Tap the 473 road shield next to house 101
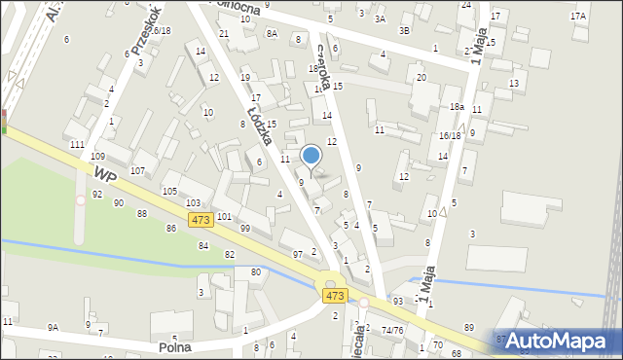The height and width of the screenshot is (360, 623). coord(201,220)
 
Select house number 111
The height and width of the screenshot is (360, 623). coord(78,144)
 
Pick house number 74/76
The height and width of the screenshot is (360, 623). coord(392,330)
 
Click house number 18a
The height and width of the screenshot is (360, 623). coord(456,107)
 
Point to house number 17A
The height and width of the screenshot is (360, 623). coord(578,16)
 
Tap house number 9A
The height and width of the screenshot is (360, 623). coord(54,327)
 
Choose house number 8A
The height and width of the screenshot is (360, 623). coord(272,34)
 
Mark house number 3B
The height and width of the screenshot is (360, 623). coord(404,31)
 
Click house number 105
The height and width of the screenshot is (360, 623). coord(168,191)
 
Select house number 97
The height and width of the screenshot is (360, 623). coord(298,254)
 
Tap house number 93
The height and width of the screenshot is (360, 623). coord(397,302)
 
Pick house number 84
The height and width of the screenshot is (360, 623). coord(203,246)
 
